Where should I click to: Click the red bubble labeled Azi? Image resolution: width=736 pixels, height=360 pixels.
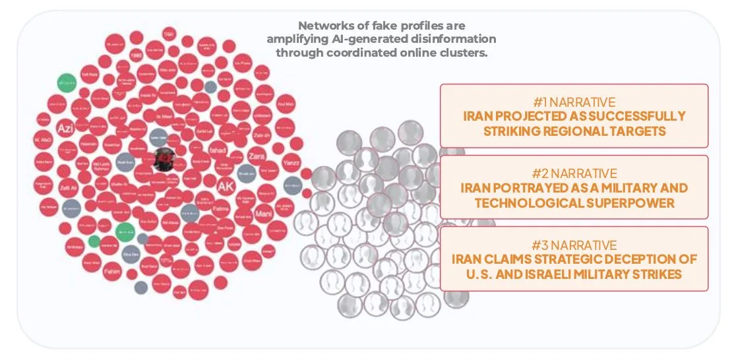[65, 127]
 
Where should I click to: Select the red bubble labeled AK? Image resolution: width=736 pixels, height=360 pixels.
[226, 186]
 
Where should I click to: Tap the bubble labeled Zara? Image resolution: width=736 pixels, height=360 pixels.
[257, 156]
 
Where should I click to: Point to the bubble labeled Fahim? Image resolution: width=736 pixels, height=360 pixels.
[113, 270]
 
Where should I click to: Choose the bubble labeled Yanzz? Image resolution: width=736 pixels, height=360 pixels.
[291, 162]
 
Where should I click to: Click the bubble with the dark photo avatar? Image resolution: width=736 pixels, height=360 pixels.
[164, 158]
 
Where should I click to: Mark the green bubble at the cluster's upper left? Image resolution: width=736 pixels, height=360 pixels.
[67, 82]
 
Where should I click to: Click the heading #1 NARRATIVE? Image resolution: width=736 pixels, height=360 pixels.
[574, 102]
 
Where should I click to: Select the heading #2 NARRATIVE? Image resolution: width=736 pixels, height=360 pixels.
[574, 174]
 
